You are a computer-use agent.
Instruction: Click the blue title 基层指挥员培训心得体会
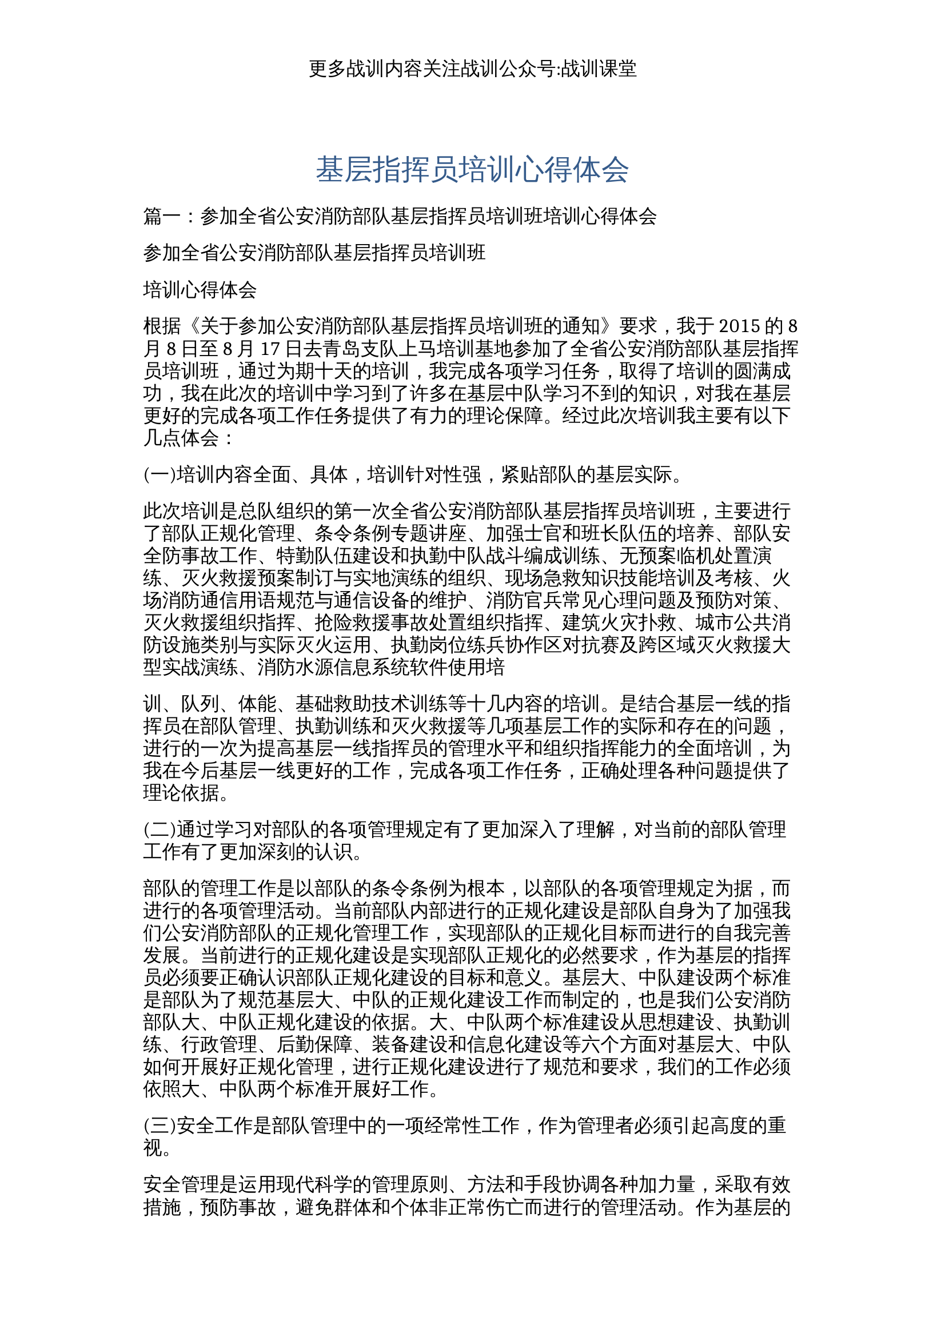point(472,170)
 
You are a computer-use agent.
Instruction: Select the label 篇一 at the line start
point(162,217)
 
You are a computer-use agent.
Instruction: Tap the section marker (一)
point(160,474)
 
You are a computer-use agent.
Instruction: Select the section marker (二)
point(160,829)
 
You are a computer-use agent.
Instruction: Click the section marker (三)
point(160,1126)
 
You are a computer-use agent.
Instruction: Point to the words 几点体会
point(181,438)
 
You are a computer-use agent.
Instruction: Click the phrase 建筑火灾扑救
point(619,623)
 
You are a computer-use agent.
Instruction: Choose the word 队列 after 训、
point(200,704)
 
